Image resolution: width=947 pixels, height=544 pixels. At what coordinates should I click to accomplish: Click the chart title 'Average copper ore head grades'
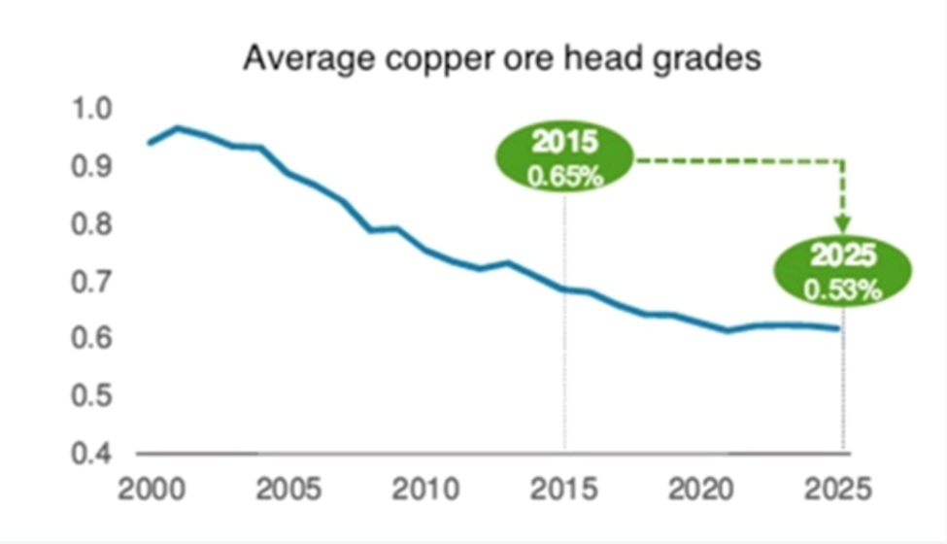tap(501, 58)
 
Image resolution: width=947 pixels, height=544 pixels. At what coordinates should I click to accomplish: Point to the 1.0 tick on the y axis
tap(93, 109)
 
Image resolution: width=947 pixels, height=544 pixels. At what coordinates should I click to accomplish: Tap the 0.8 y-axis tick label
tap(93, 224)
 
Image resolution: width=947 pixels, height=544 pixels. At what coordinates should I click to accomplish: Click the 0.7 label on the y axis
tap(93, 282)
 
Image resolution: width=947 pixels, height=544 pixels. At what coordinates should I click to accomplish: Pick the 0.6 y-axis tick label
tap(93, 339)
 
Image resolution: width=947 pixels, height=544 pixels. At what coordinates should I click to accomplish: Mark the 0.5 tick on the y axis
tap(93, 396)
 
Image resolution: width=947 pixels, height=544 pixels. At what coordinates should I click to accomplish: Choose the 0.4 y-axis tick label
tap(93, 453)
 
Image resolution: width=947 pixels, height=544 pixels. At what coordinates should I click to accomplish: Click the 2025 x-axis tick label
tap(839, 489)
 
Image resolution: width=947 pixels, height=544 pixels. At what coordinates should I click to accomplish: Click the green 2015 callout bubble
tap(564, 158)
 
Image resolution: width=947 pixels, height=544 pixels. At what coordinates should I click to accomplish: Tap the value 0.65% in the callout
tap(564, 177)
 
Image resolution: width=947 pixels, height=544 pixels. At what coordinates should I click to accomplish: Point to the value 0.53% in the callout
tap(843, 289)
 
